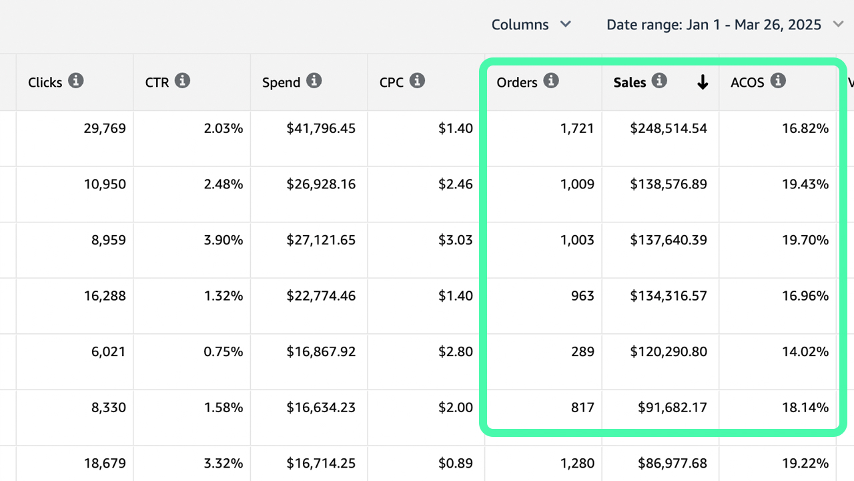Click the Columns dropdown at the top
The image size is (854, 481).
pyautogui.click(x=531, y=25)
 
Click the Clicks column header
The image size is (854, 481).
pyautogui.click(x=45, y=82)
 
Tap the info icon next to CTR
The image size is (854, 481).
pyautogui.click(x=182, y=81)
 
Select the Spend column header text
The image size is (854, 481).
pyautogui.click(x=281, y=82)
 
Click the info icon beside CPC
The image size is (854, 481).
pyautogui.click(x=417, y=81)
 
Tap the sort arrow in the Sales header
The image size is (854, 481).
pyautogui.click(x=702, y=82)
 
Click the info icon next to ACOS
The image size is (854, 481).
pyautogui.click(x=778, y=81)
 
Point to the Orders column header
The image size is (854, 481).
pyautogui.click(x=517, y=82)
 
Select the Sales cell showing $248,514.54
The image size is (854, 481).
pyautogui.click(x=668, y=128)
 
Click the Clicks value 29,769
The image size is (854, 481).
pyautogui.click(x=105, y=128)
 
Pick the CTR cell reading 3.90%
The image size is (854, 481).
pyautogui.click(x=223, y=240)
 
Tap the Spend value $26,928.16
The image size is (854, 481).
pyautogui.click(x=321, y=184)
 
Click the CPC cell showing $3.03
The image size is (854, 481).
pyautogui.click(x=456, y=240)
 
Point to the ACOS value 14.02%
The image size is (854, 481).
pyautogui.click(x=805, y=352)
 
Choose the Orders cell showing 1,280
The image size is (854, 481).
pyautogui.click(x=577, y=463)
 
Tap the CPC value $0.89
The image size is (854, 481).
pyautogui.click(x=456, y=463)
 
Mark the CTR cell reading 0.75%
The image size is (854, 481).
pyautogui.click(x=223, y=352)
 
